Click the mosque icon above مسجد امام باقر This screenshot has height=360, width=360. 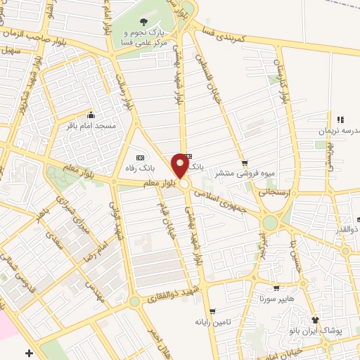click(90, 115)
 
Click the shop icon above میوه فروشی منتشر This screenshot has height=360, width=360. click(244, 162)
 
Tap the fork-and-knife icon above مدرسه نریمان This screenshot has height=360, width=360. click(341, 120)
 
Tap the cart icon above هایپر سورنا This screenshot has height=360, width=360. click(277, 287)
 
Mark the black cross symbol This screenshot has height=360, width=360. click(28, 352)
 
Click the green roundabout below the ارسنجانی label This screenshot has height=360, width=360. click(271, 224)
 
